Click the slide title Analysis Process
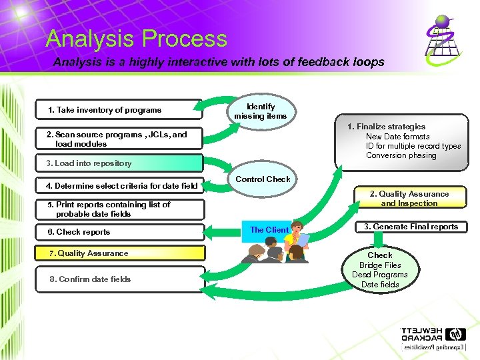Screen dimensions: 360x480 (136, 39)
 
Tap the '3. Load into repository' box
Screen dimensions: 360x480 (118, 163)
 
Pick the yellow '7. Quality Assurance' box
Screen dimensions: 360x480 (118, 253)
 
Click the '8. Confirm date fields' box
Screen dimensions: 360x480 (118, 279)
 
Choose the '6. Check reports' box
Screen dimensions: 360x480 (118, 232)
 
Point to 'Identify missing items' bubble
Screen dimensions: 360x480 (260, 111)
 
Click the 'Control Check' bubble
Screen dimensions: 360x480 (263, 179)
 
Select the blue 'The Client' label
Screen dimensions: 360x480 (269, 230)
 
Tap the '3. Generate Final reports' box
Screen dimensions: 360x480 (411, 227)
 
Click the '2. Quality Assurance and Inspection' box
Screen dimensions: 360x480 (409, 199)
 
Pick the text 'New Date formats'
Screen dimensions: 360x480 (397, 137)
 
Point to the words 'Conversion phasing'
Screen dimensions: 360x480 (401, 155)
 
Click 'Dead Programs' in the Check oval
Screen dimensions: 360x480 (380, 275)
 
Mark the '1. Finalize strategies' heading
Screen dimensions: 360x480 (386, 127)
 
